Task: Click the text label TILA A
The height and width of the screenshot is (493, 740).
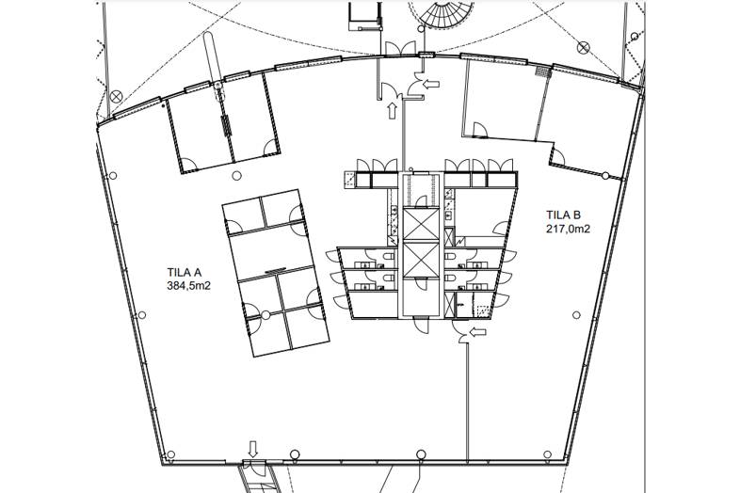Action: click(185, 272)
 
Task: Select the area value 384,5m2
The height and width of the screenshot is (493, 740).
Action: click(188, 285)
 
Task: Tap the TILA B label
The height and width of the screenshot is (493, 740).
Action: click(564, 215)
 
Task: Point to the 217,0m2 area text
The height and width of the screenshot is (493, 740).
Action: click(569, 230)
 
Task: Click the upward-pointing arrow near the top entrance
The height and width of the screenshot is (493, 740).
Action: click(392, 111)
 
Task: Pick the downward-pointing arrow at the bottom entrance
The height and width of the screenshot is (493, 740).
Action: click(253, 449)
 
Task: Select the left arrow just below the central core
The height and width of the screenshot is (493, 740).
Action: click(478, 332)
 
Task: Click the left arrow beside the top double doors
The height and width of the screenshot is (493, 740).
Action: click(431, 85)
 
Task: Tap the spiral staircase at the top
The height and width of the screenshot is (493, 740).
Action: click(442, 12)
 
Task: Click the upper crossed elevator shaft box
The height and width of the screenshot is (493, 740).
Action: click(422, 225)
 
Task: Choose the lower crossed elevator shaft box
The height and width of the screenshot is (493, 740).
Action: click(422, 260)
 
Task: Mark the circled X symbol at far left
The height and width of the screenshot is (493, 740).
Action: click(116, 97)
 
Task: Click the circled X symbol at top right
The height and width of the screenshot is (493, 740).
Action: click(584, 47)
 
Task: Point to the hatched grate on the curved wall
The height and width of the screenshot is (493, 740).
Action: click(543, 72)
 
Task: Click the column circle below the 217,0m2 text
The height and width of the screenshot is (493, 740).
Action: click(576, 314)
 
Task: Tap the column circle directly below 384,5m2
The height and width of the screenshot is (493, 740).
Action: click(141, 315)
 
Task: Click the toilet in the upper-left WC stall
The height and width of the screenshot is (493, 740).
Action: click(389, 257)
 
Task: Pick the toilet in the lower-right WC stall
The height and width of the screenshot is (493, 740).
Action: click(450, 278)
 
